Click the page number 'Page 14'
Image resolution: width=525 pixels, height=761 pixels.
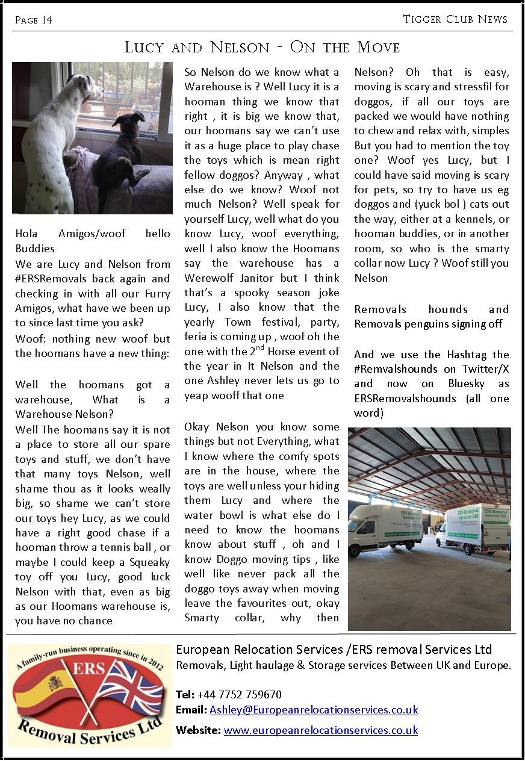34,20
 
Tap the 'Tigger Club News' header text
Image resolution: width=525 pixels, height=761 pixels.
455,19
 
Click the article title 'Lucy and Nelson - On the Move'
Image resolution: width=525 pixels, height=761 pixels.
262,47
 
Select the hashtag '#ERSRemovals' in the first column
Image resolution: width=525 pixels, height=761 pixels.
53,279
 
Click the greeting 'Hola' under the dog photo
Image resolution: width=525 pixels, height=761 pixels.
27,234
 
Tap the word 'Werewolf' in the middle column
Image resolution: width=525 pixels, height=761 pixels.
208,278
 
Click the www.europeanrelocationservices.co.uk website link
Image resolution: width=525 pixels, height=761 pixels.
320,730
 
